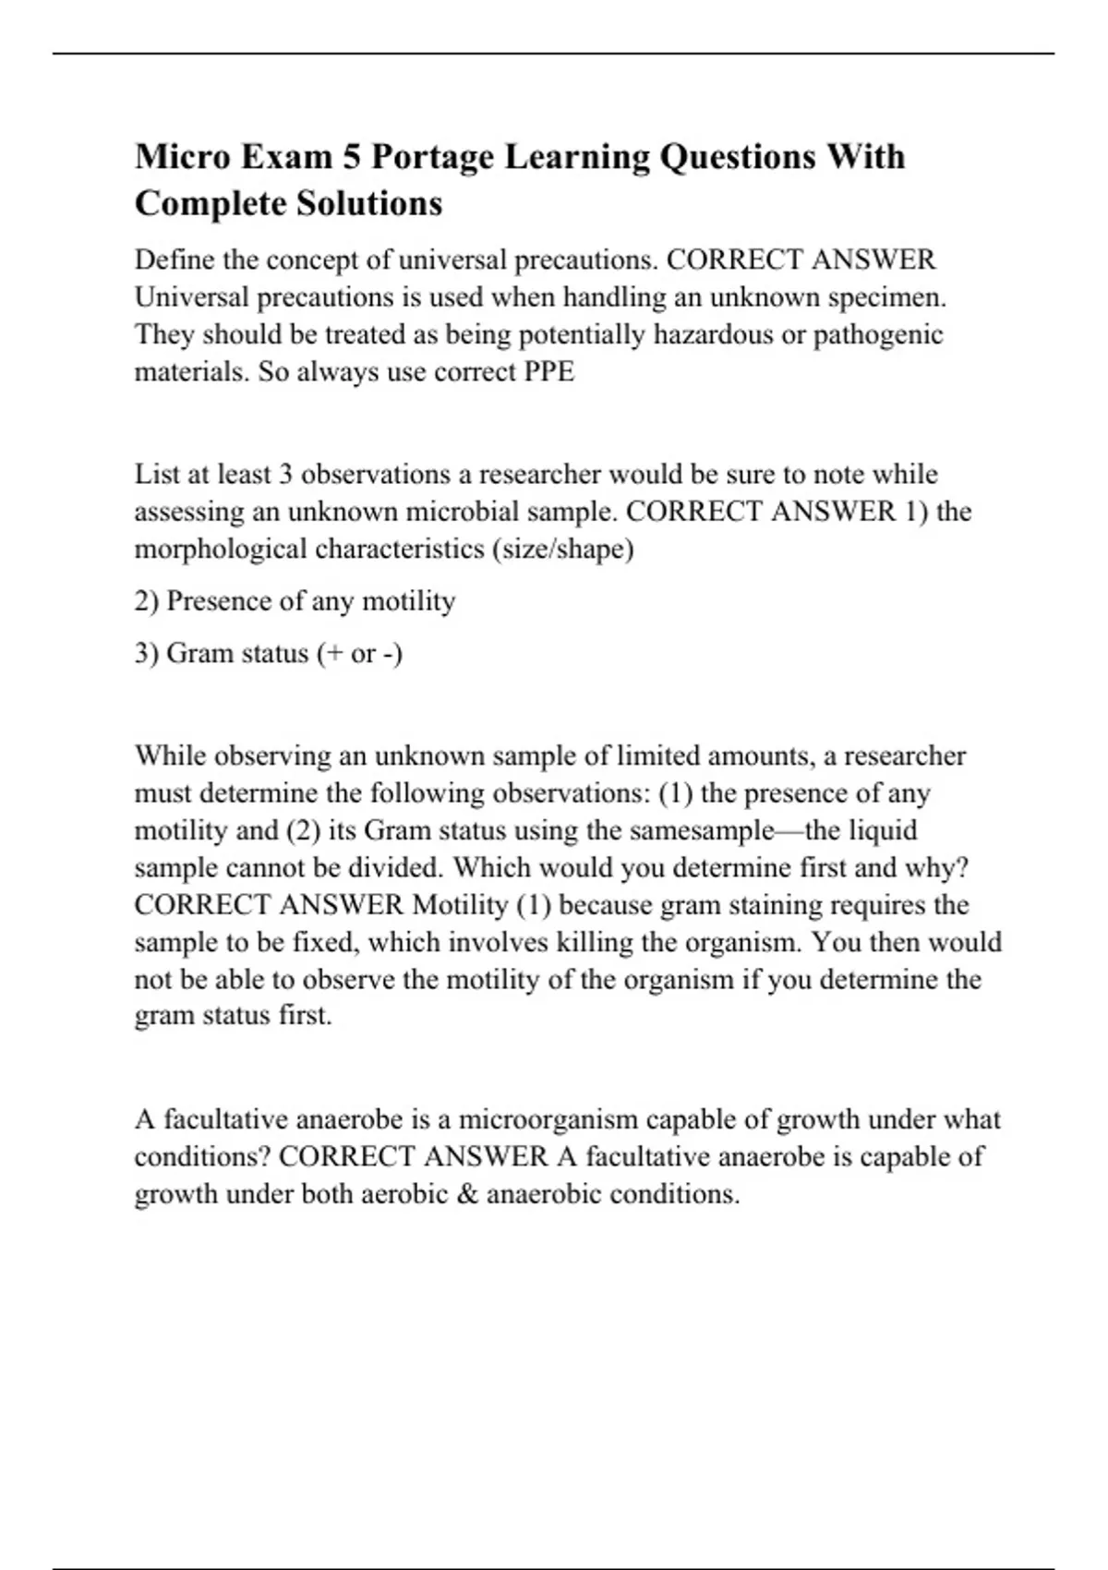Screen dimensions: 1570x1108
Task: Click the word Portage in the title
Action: [x=432, y=157]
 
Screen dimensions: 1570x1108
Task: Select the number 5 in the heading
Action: [x=352, y=157]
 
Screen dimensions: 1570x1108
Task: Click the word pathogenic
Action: [x=878, y=334]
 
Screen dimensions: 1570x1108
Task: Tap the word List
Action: [x=155, y=475]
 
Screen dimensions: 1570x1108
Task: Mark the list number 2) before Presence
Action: [x=147, y=601]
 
